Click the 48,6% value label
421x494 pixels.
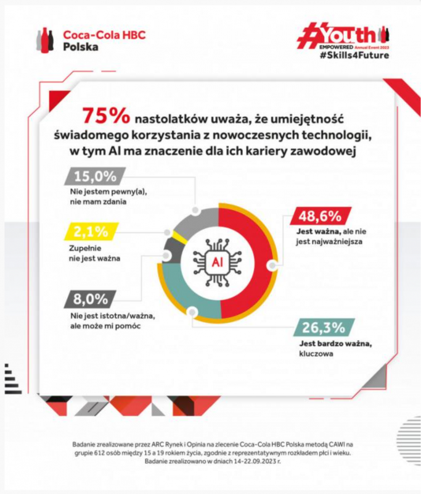(x=320, y=216)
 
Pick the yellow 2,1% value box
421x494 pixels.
(x=90, y=232)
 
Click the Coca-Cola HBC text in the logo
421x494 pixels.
(x=104, y=35)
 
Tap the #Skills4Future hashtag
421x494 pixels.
(x=354, y=56)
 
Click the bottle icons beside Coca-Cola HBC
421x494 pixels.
(x=47, y=40)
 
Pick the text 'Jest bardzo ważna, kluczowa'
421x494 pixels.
(x=327, y=350)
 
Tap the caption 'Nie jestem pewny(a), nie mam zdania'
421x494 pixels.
(x=102, y=196)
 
